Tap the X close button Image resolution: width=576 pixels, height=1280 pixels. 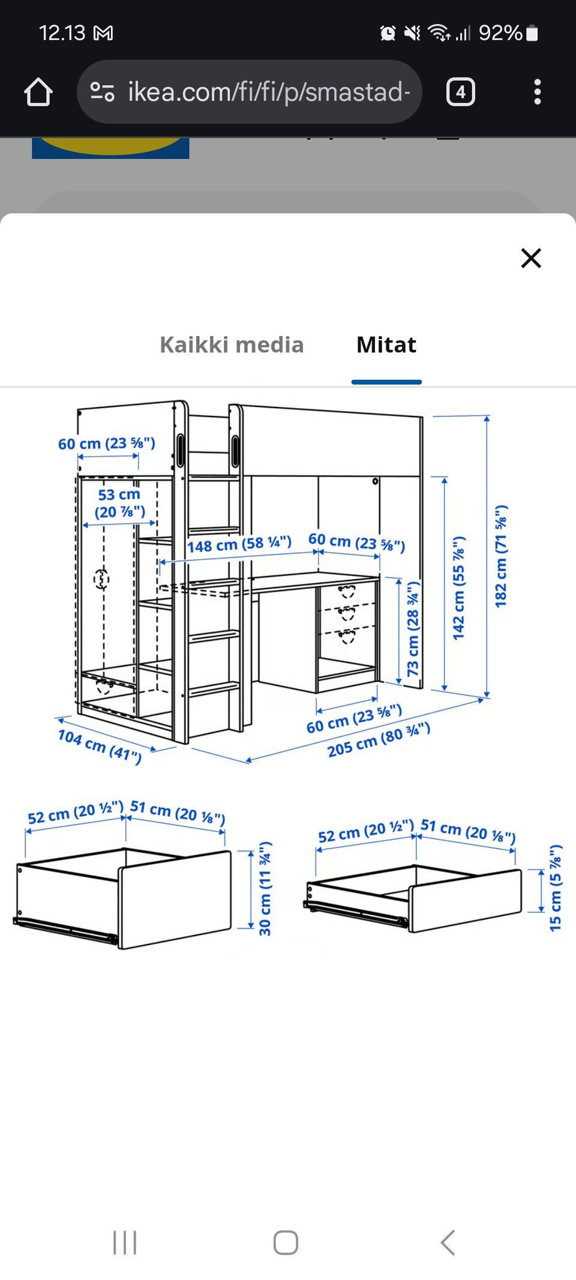pyautogui.click(x=531, y=258)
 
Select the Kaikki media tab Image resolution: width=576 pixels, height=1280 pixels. pyautogui.click(x=232, y=345)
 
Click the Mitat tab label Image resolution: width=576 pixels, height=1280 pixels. pyautogui.click(x=386, y=345)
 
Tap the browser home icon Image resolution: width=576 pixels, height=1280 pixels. pyautogui.click(x=38, y=92)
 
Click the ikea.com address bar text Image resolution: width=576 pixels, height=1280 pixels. pyautogui.click(x=269, y=92)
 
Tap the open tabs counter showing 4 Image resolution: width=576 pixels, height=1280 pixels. pyautogui.click(x=461, y=92)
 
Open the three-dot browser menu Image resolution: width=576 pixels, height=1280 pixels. pyautogui.click(x=537, y=92)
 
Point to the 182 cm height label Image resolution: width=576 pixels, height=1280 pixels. pyautogui.click(x=501, y=556)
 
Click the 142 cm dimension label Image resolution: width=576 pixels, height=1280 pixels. pyautogui.click(x=459, y=588)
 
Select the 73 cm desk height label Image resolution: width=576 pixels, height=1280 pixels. pyautogui.click(x=413, y=628)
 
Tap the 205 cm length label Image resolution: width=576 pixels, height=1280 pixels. pyautogui.click(x=379, y=740)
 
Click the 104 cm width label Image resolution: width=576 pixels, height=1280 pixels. pyautogui.click(x=100, y=746)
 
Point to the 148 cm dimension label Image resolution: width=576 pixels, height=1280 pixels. pyautogui.click(x=239, y=544)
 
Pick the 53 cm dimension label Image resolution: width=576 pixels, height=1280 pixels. pyautogui.click(x=119, y=503)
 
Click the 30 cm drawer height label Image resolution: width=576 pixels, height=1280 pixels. pyautogui.click(x=265, y=888)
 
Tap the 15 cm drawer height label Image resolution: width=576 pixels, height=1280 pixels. pyautogui.click(x=556, y=888)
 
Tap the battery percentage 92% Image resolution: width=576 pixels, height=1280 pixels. pyautogui.click(x=500, y=33)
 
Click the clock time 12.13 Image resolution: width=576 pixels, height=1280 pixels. pyautogui.click(x=62, y=33)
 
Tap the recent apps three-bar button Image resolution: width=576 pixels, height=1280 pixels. pyautogui.click(x=125, y=1242)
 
